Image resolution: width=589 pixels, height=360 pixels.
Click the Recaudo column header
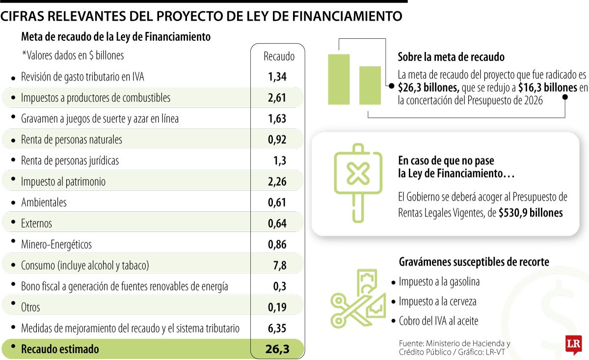pyautogui.click(x=279, y=56)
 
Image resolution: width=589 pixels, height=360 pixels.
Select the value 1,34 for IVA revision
pyautogui.click(x=277, y=77)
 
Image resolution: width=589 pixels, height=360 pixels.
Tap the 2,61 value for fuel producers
pyautogui.click(x=277, y=98)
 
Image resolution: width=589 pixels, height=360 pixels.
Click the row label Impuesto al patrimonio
pyautogui.click(x=63, y=181)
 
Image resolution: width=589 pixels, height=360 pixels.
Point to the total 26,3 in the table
pyautogui.click(x=277, y=349)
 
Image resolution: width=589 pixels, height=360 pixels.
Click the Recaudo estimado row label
pyautogui.click(x=60, y=349)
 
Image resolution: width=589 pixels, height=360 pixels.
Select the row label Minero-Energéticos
pyautogui.click(x=56, y=244)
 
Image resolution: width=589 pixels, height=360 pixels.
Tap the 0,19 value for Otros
pyautogui.click(x=277, y=308)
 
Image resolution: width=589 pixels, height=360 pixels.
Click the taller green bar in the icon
pyautogui.click(x=339, y=79)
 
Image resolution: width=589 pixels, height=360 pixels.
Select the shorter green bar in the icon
pyautogui.click(x=370, y=85)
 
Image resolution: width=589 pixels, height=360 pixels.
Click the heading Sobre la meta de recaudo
pyautogui.click(x=451, y=57)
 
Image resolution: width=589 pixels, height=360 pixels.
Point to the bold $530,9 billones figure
pyautogui.click(x=530, y=213)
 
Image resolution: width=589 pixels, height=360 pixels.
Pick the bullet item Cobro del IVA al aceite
pyautogui.click(x=438, y=321)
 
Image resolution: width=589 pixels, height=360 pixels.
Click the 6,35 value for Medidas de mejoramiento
pyautogui.click(x=277, y=328)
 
